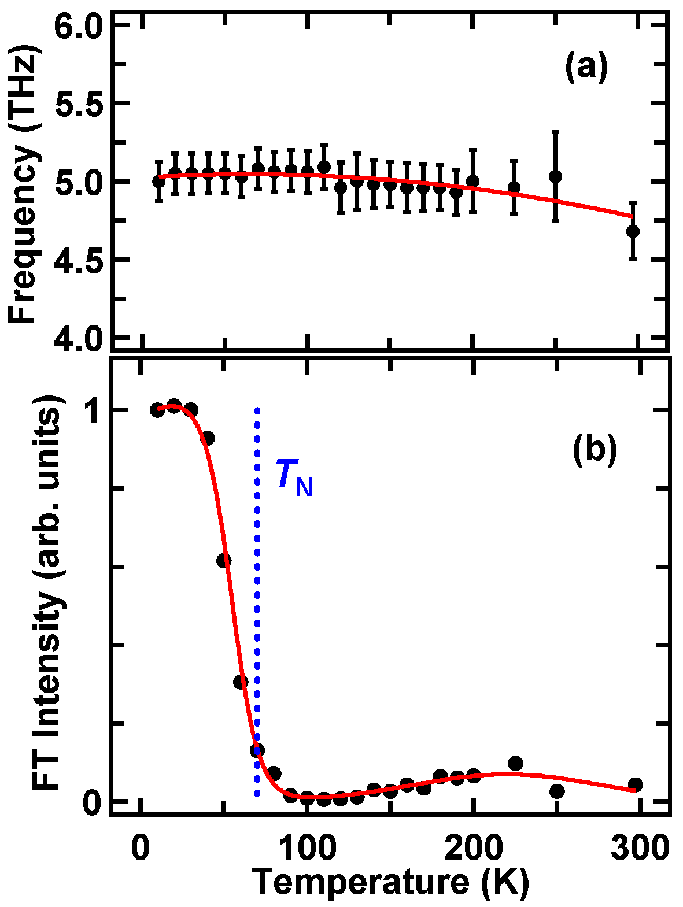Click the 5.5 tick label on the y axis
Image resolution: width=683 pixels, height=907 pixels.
[78, 103]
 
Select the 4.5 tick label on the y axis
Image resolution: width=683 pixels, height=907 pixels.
[78, 260]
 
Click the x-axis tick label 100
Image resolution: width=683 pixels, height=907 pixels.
[307, 850]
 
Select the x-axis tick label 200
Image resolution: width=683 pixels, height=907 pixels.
[472, 850]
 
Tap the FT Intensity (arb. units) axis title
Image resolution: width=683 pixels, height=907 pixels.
[46, 593]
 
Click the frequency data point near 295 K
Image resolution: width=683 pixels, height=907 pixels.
[633, 231]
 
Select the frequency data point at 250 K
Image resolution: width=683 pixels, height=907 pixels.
[555, 176]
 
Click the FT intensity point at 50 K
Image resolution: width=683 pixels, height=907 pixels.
[224, 560]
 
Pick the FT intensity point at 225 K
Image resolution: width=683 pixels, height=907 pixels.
[515, 764]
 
